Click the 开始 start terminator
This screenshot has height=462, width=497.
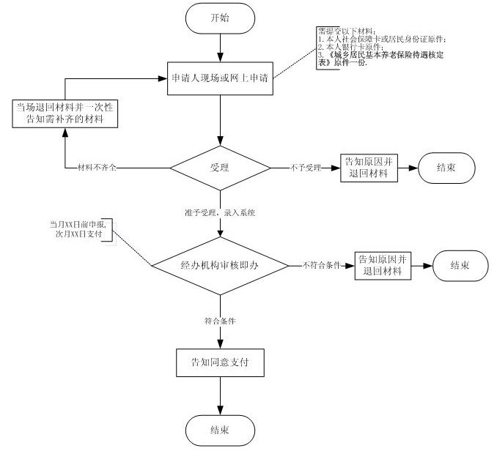[220, 18]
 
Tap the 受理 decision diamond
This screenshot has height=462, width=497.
[220, 168]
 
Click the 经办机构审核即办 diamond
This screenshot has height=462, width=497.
[220, 264]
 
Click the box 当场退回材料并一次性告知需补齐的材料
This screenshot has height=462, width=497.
[65, 113]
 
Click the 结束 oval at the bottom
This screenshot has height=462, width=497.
[220, 430]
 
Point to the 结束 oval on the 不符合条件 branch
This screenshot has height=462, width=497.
[460, 264]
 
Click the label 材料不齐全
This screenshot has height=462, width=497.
[98, 168]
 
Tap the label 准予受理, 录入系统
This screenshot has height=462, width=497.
[219, 212]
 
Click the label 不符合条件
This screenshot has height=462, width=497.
[322, 264]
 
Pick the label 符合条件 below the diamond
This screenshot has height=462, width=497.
[219, 321]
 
